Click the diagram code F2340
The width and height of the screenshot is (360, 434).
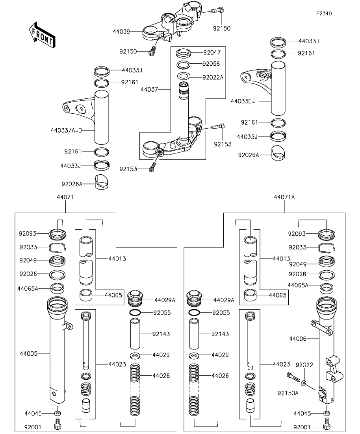click(323, 13)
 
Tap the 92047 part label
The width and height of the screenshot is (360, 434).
click(212, 52)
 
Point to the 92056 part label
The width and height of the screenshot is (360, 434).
click(211, 64)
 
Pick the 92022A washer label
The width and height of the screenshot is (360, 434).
click(213, 77)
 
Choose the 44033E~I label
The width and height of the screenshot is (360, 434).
click(244, 101)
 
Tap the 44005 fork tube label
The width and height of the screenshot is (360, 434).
click(28, 353)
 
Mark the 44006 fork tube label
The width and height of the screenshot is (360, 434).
click(298, 338)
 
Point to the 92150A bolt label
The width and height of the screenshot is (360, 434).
click(288, 392)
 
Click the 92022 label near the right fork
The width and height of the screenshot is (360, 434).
click(304, 365)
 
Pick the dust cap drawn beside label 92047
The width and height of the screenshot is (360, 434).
click(184, 52)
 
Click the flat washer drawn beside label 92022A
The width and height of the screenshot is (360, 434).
click(184, 77)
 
